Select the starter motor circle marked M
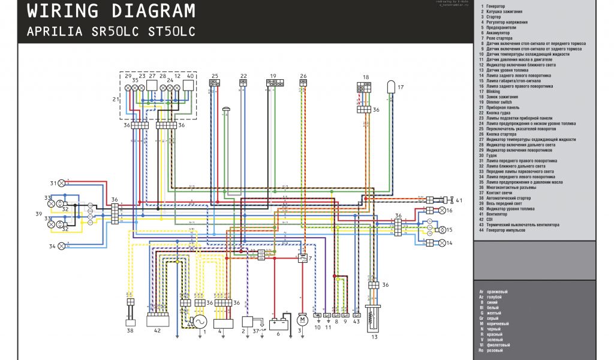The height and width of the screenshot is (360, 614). [302, 318]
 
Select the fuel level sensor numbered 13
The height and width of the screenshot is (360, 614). [374, 322]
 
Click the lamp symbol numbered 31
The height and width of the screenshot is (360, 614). [61, 183]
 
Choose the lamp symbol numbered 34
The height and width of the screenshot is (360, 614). [61, 246]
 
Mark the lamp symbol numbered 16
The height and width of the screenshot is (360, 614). [443, 210]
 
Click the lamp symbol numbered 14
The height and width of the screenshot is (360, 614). [443, 242]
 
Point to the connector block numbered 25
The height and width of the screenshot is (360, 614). [214, 83]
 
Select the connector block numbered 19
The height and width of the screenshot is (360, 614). [275, 83]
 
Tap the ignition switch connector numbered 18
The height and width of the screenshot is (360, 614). [365, 86]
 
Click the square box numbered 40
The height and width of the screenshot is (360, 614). [189, 85]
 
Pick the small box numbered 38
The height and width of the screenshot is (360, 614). [130, 322]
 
